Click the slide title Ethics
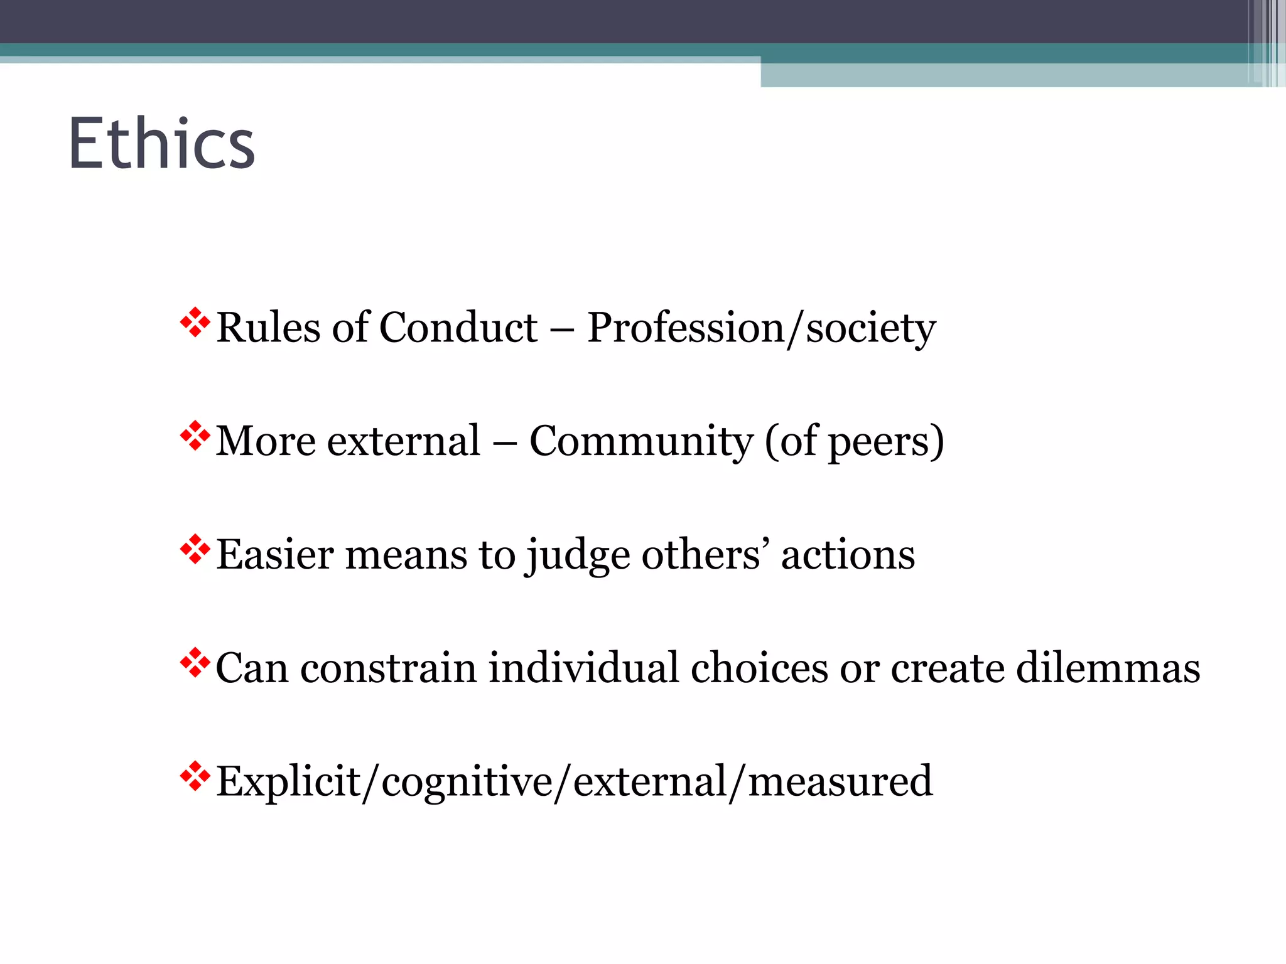161,144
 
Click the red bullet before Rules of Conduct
195,323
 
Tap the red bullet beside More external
195,436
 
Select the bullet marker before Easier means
195,550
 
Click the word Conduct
458,328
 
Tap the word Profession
684,328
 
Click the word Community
640,441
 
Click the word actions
848,555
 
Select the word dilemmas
1108,667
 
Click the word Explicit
288,782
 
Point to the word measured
840,782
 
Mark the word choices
759,667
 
